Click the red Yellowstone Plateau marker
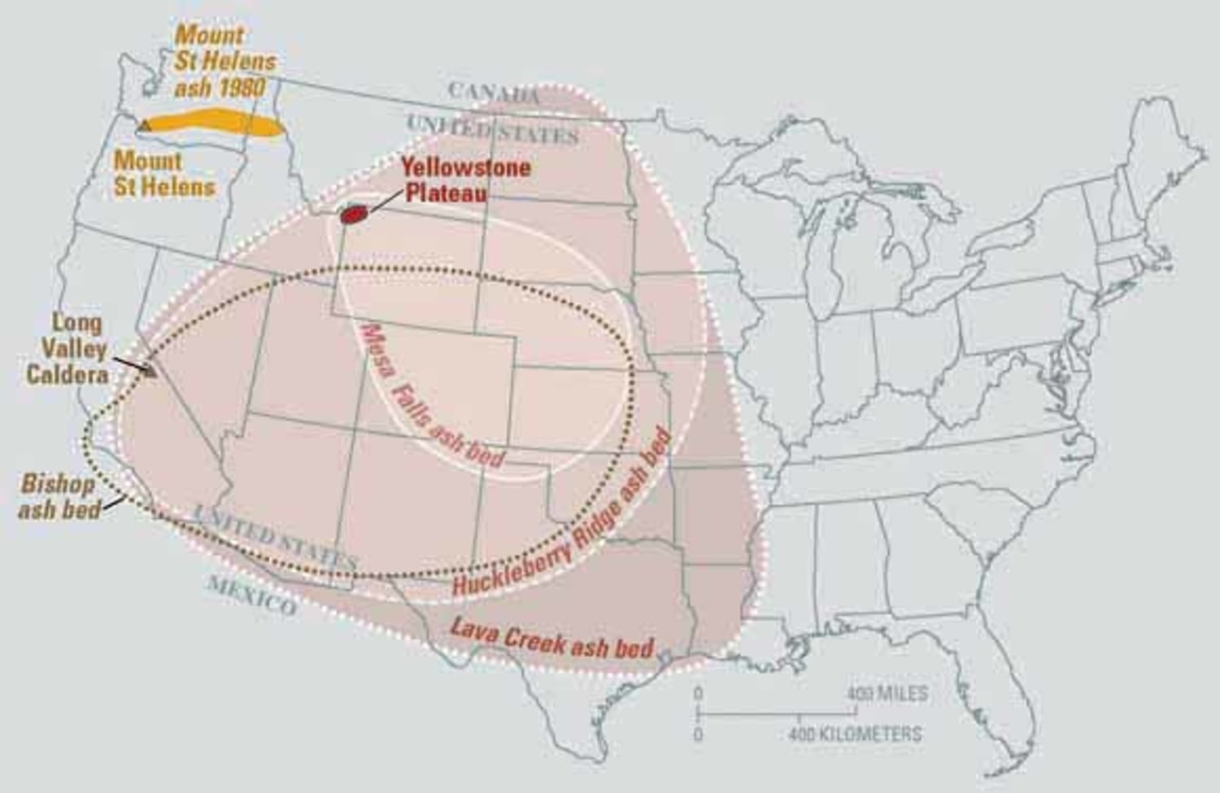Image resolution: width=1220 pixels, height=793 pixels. click(353, 214)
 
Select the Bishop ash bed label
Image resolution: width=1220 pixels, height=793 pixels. click(59, 496)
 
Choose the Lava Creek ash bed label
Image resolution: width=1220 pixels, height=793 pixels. click(551, 638)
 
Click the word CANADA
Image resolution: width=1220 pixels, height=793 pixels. click(495, 92)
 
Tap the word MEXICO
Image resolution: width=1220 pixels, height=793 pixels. click(252, 595)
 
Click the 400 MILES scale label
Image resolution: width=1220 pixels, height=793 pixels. click(887, 694)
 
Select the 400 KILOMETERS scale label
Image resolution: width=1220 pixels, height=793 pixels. click(856, 734)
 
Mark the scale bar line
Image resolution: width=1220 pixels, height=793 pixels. click(777, 713)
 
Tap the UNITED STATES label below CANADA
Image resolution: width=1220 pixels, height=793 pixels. click(491, 129)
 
